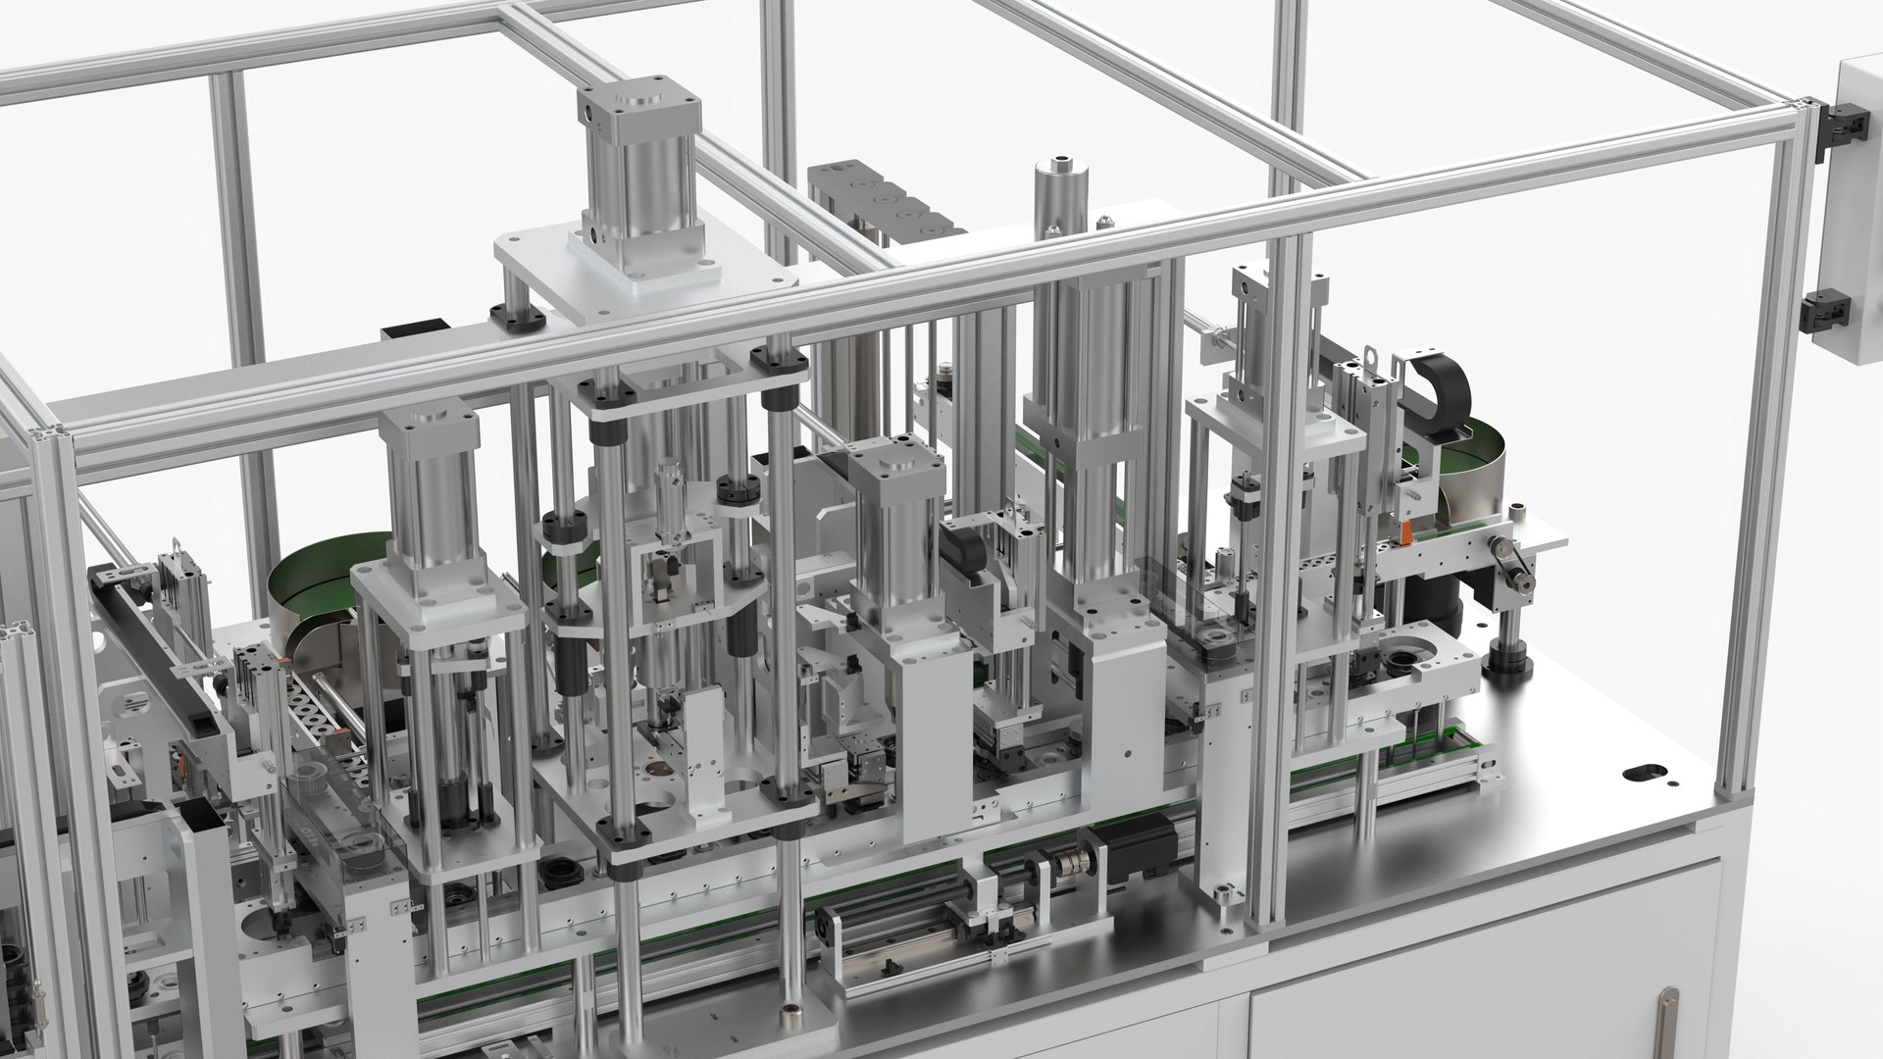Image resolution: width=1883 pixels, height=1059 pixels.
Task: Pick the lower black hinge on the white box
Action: [1827, 312]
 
